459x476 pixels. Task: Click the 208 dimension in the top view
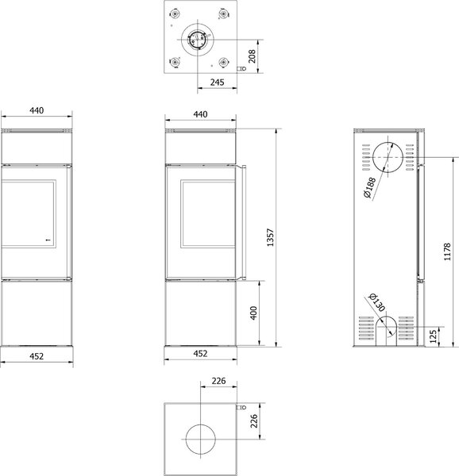[x=252, y=56]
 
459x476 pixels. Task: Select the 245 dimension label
[x=218, y=83]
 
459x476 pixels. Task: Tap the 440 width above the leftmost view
[x=37, y=110]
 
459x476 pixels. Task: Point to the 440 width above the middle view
[x=200, y=114]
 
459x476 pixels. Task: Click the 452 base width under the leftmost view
[x=37, y=356]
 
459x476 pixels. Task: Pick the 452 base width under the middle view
[x=200, y=353]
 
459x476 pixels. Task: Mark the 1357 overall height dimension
[x=270, y=237]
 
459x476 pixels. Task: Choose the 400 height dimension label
[x=253, y=313]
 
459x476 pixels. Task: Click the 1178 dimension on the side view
[x=447, y=251]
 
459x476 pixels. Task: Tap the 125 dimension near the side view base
[x=434, y=336]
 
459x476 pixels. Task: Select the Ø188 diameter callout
[x=370, y=187]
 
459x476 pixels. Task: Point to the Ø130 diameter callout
[x=376, y=302]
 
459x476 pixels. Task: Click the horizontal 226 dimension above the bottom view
[x=218, y=381]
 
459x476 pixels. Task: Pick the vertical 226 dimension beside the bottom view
[x=254, y=421]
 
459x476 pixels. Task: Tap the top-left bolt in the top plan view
[x=175, y=13]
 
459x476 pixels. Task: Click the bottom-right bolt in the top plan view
[x=223, y=62]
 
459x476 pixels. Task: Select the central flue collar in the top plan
[x=197, y=39]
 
